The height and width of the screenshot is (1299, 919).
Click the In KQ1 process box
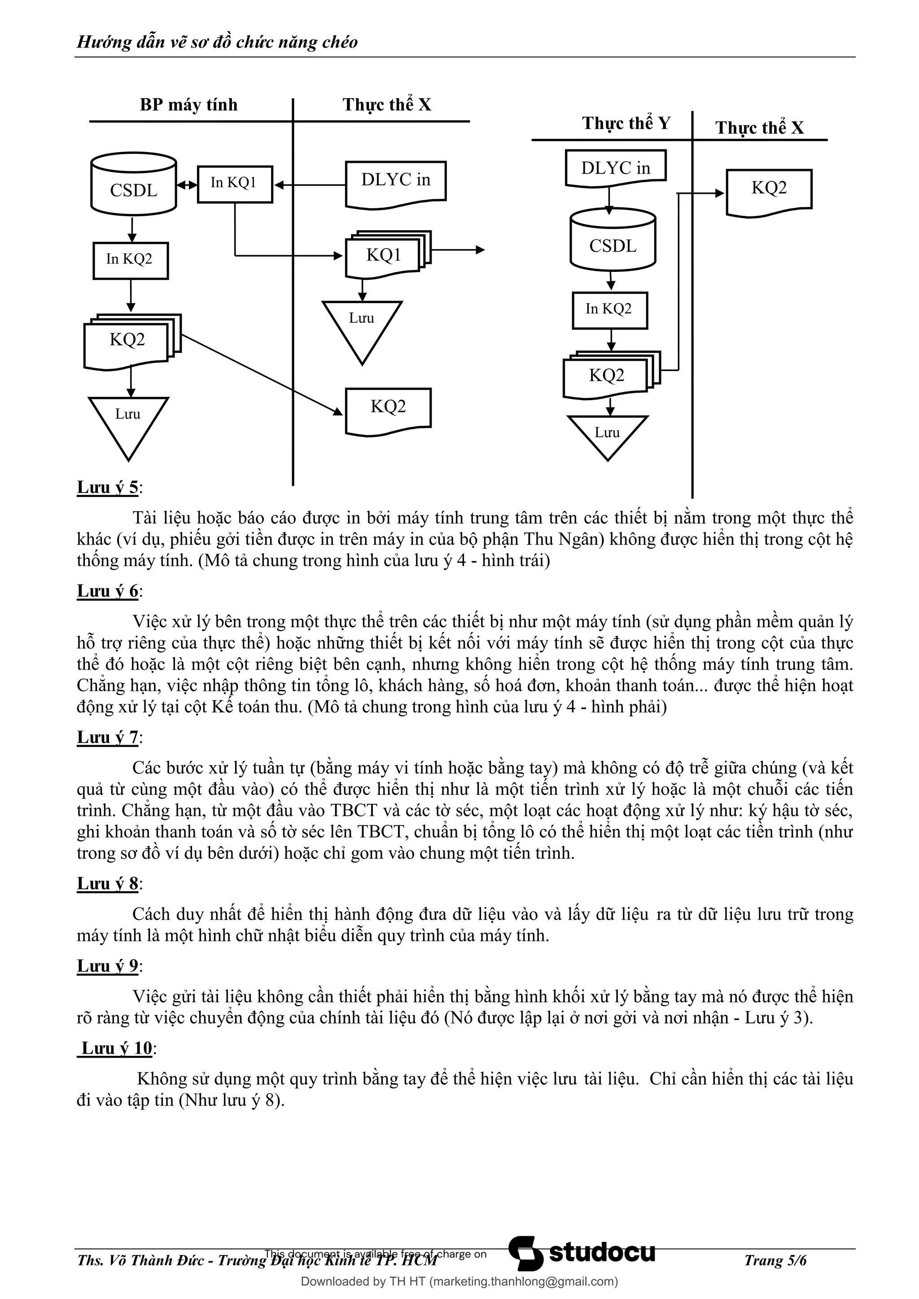point(235,184)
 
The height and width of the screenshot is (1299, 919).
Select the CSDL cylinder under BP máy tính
point(134,184)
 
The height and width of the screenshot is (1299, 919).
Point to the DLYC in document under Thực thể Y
point(615,168)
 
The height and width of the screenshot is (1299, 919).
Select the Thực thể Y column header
point(626,123)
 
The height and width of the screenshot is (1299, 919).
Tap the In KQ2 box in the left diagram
point(130,260)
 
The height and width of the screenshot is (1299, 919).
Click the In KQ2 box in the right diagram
point(609,310)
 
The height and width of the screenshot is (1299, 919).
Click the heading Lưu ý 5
point(108,488)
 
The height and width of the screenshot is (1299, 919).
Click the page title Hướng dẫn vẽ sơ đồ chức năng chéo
point(217,42)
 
